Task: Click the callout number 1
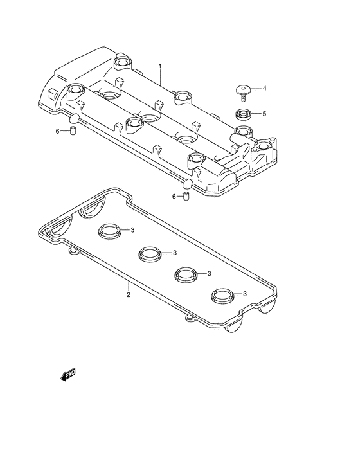coord(160,66)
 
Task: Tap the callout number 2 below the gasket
coord(129,295)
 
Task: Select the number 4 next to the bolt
coord(264,88)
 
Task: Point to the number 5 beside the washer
coord(264,114)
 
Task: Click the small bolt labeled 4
coord(243,93)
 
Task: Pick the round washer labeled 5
coord(244,114)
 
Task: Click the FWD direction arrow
coord(68,375)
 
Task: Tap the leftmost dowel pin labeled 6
coord(73,130)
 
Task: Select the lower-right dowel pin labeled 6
coord(186,197)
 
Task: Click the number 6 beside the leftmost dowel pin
coord(58,131)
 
